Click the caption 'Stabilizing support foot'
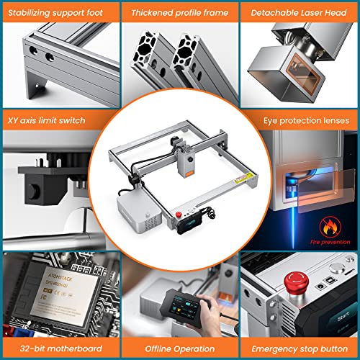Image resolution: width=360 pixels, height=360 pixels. tap(56, 12)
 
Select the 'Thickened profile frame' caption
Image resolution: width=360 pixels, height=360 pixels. tap(179, 12)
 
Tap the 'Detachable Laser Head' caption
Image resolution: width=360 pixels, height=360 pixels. tap(300, 12)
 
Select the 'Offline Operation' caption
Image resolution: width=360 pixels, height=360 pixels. tap(179, 348)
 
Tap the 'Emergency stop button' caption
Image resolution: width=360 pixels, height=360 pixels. tap(300, 348)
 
